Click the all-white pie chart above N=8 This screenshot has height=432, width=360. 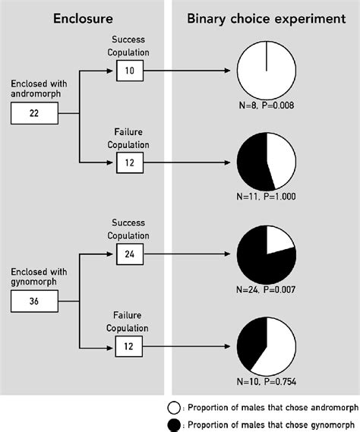tap(267, 71)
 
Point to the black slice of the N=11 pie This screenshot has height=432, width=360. tap(252, 163)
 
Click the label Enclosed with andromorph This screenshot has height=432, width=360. tap(34, 89)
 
